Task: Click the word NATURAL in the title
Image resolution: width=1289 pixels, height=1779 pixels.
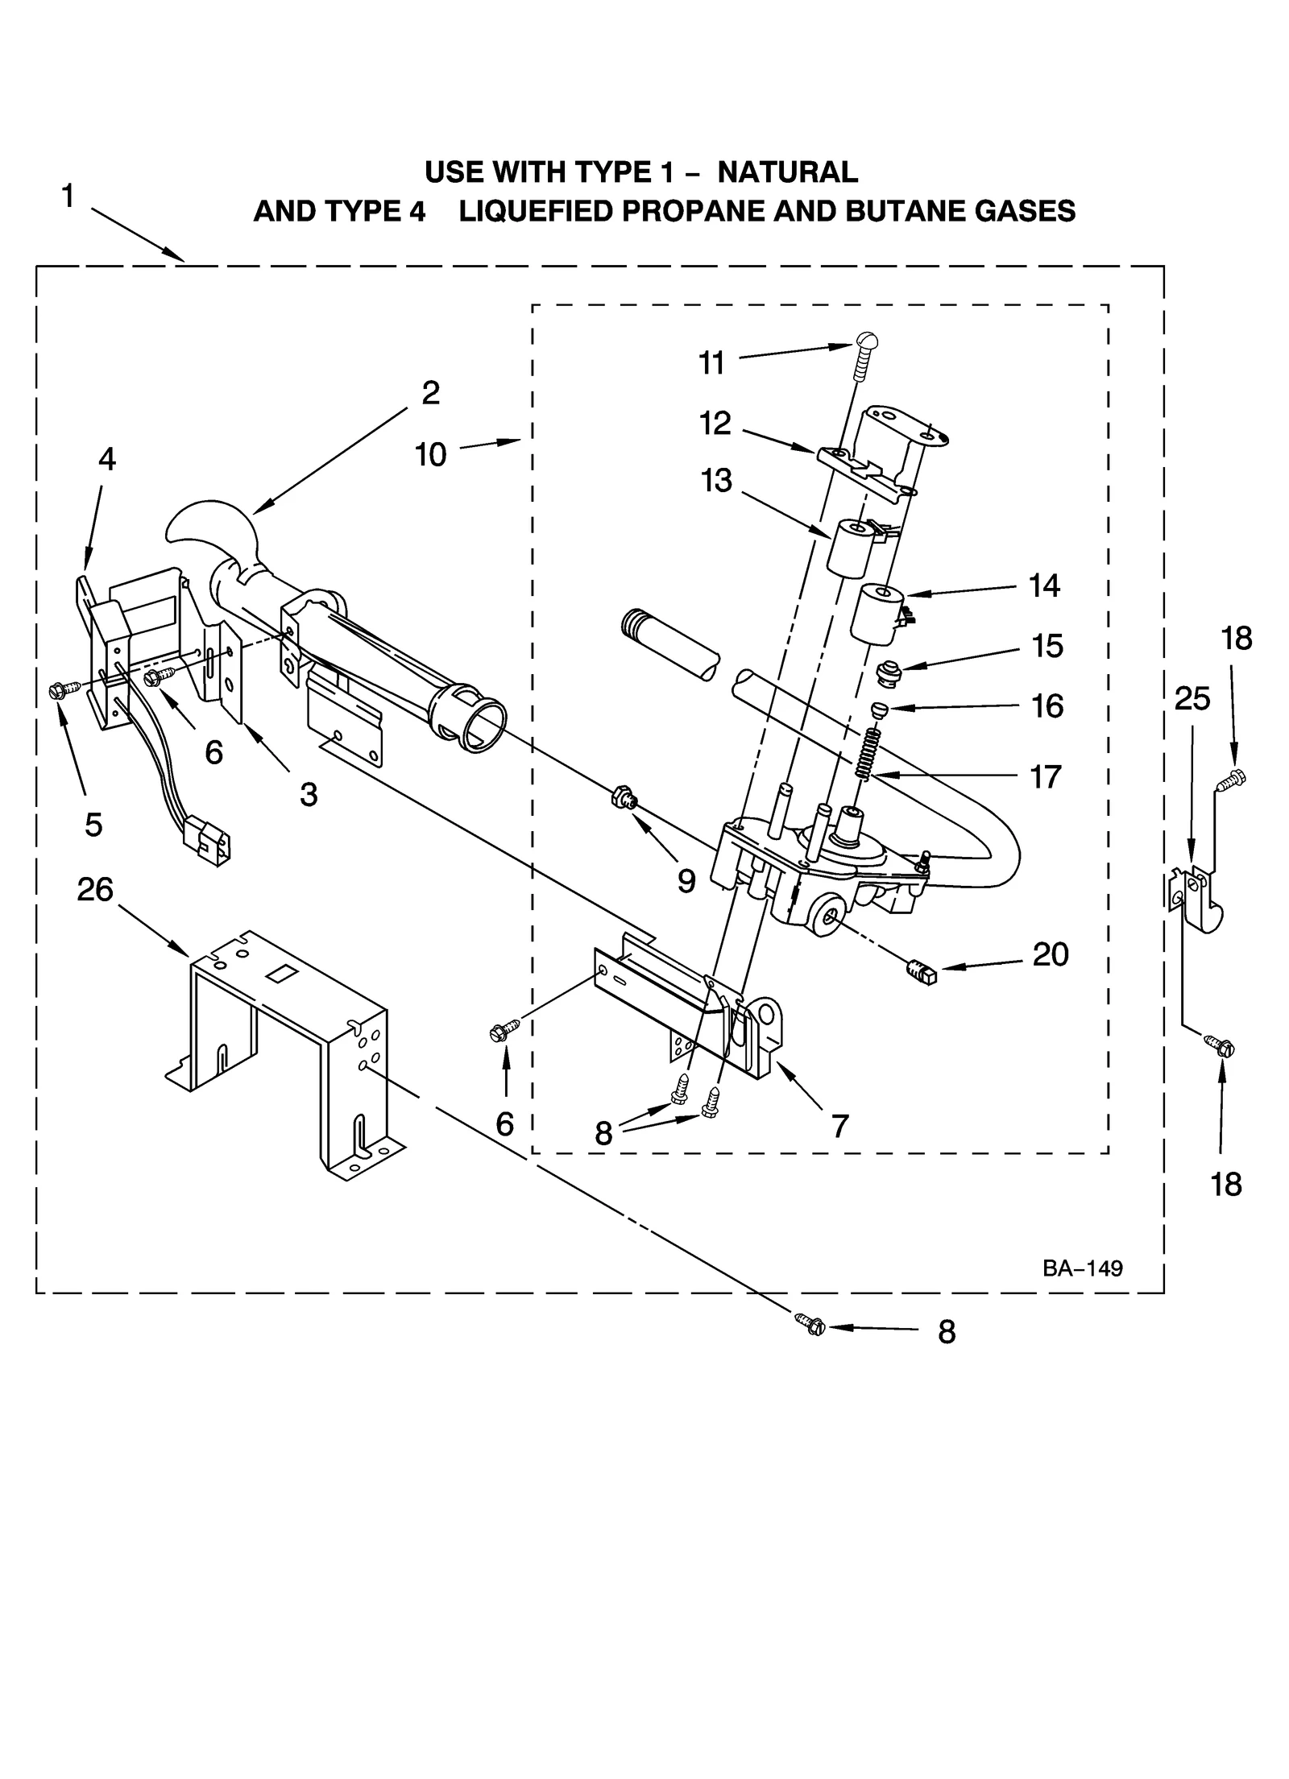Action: (787, 172)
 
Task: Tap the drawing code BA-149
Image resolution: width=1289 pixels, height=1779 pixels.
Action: (1081, 1268)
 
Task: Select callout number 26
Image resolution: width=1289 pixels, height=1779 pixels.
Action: (95, 890)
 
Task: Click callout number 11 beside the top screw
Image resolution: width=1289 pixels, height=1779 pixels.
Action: (711, 363)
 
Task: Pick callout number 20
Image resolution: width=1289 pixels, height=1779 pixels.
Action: (1051, 955)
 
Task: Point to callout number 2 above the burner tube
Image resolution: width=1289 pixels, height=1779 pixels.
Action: (431, 393)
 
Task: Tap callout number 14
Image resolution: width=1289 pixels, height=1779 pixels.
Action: (1044, 585)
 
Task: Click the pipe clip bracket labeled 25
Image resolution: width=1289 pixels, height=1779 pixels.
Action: (1197, 898)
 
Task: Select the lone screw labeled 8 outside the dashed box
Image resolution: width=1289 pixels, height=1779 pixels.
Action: (811, 1322)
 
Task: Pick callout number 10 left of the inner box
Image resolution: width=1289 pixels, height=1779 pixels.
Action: (431, 455)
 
